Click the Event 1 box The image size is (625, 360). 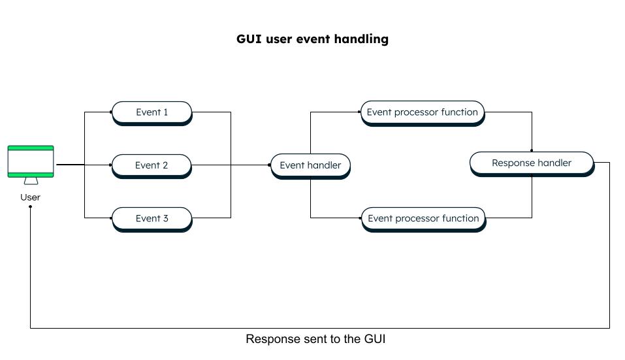click(x=152, y=113)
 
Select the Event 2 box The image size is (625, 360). click(x=152, y=166)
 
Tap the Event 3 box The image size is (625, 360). click(x=152, y=220)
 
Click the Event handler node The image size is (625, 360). click(x=310, y=166)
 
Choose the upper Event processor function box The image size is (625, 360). click(x=423, y=113)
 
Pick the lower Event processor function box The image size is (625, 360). click(x=423, y=220)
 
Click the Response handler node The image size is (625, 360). click(x=532, y=163)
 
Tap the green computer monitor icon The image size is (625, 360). click(x=31, y=165)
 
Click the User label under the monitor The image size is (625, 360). click(x=30, y=197)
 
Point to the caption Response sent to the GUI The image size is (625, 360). click(x=315, y=339)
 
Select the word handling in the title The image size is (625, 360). click(x=361, y=39)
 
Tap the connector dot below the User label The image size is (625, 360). click(x=30, y=206)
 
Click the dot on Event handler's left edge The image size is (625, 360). click(x=270, y=165)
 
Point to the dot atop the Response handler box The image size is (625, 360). click(x=532, y=151)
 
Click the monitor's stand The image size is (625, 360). click(x=31, y=181)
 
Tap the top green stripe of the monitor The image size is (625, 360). click(x=31, y=148)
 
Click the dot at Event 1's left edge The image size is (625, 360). click(x=111, y=112)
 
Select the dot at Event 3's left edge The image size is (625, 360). click(x=111, y=218)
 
